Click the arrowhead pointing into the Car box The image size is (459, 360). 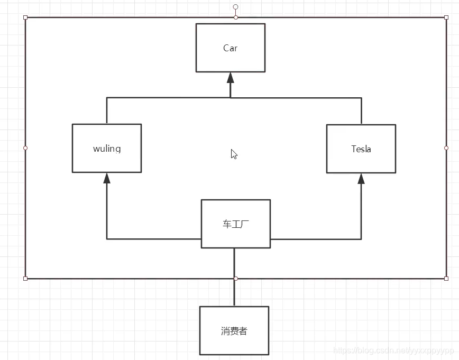[231, 78]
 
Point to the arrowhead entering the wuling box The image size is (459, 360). [107, 178]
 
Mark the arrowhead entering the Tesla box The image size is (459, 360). [361, 179]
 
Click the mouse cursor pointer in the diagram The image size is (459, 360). [234, 154]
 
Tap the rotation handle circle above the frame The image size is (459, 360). [236, 7]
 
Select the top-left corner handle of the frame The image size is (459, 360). [25, 17]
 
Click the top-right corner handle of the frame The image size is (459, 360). [446, 17]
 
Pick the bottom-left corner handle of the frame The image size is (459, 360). [25, 278]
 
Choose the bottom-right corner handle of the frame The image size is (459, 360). [446, 278]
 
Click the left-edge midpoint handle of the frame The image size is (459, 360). [25, 148]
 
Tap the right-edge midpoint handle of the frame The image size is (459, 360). [446, 148]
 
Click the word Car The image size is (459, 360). [231, 48]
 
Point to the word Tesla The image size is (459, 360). [361, 149]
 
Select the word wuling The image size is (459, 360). [107, 149]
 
